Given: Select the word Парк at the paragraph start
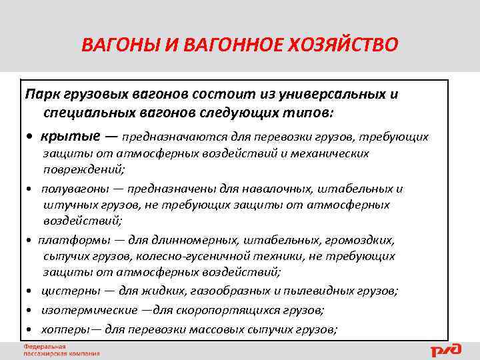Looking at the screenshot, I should [39, 94].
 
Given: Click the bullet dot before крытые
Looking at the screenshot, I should [30, 137].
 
